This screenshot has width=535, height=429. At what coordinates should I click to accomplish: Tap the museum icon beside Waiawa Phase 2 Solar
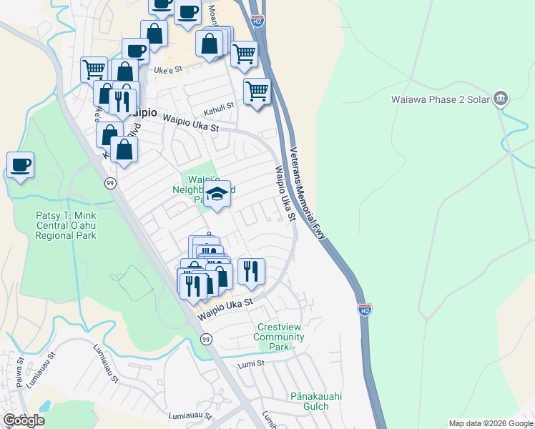coord(501,98)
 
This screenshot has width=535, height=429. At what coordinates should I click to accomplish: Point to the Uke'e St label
coord(170,70)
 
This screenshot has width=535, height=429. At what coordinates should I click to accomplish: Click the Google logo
coord(24,420)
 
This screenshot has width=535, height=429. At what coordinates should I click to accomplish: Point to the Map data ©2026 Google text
coord(491,423)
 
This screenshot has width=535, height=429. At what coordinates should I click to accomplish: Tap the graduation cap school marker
coord(217,193)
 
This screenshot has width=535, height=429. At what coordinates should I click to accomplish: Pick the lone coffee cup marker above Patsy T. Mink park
coord(21,165)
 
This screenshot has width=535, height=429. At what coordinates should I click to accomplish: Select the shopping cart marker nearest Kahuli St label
coord(257,91)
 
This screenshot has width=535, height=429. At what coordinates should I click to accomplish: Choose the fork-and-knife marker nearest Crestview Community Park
coord(251,271)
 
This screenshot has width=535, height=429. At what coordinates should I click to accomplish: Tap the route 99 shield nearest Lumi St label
coord(206,338)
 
